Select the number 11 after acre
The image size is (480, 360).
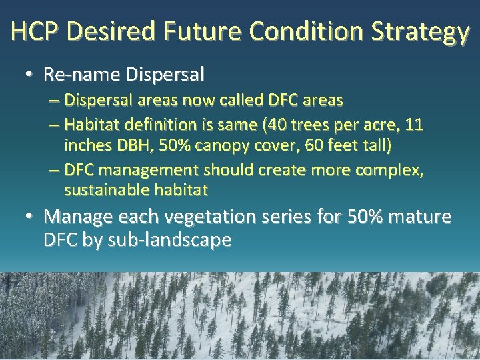[x=415, y=125]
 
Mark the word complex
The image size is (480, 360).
[x=389, y=171]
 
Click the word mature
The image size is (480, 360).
[x=419, y=217]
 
